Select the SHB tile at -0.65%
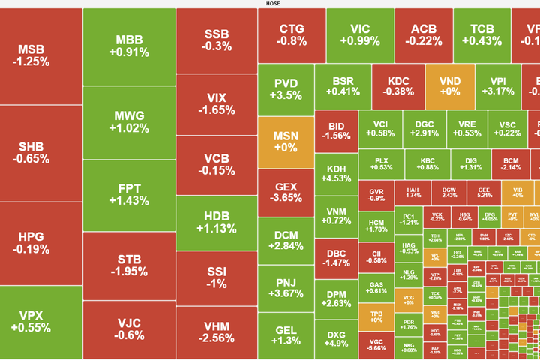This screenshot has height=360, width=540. (34, 153)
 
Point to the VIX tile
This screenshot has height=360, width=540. (217, 104)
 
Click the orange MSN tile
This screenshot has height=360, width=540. (286, 142)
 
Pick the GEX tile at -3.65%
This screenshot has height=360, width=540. (286, 193)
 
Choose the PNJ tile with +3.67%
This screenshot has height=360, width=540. (286, 288)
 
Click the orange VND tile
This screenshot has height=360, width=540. (450, 86)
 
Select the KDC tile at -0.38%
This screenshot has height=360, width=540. (398, 86)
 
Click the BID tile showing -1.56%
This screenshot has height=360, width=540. (336, 130)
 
